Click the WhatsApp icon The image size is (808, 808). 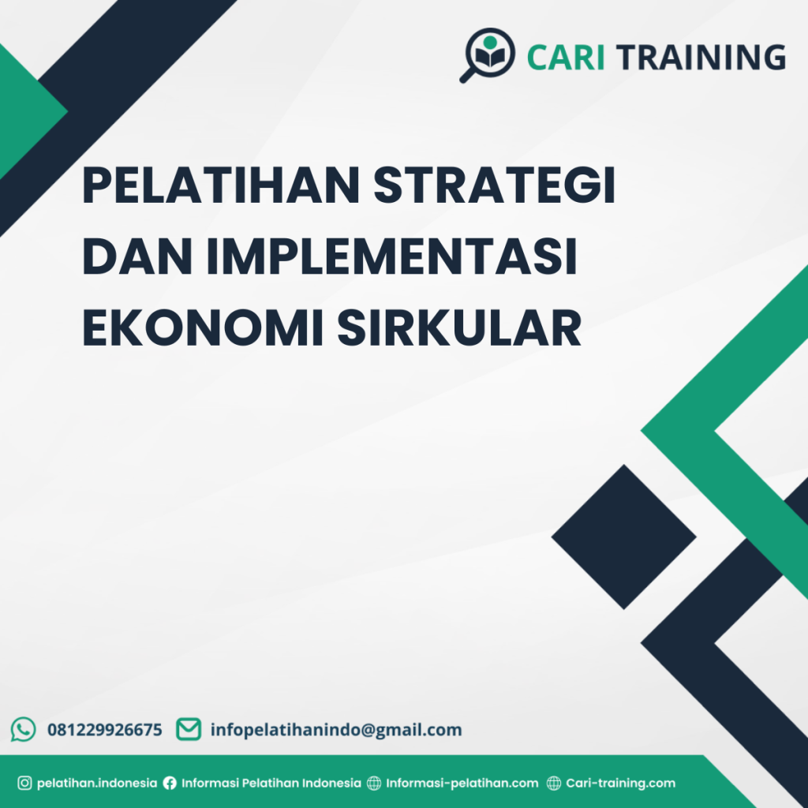coord(23,729)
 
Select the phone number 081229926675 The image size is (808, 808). coord(105,730)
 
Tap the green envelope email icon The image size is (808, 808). coord(188,729)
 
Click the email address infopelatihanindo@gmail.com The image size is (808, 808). coord(335,730)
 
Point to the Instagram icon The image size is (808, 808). coord(24,784)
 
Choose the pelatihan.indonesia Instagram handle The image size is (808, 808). coord(97,784)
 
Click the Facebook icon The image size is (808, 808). coord(170,784)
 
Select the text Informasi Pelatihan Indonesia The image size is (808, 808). coord(271,784)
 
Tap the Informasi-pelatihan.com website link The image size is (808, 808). coord(462,784)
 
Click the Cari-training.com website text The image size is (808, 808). coord(620,784)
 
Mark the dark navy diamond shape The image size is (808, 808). coord(623,537)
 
